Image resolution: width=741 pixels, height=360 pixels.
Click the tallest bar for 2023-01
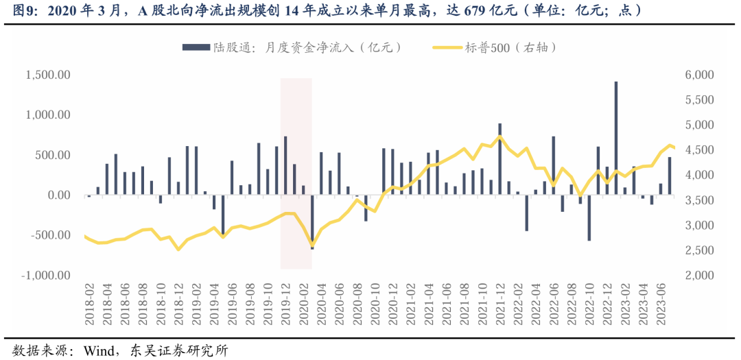(615, 138)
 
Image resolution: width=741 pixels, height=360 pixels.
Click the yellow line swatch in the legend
(447, 47)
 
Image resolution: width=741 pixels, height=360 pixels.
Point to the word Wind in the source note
(98, 350)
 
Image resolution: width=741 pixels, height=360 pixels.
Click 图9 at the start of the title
(15, 10)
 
